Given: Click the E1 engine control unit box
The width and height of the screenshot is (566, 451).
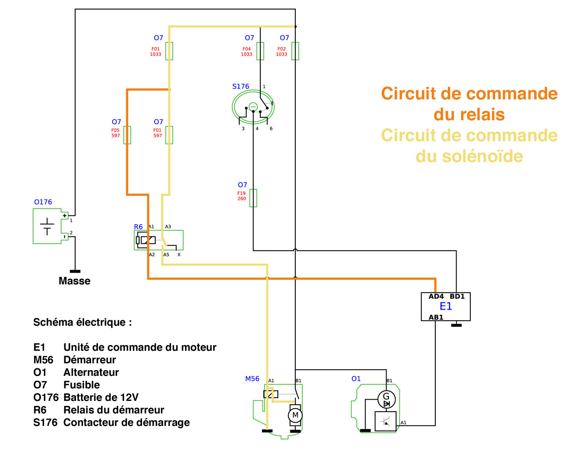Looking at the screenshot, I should pos(445,307).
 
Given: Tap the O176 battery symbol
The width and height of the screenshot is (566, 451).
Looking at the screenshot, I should pos(47,226).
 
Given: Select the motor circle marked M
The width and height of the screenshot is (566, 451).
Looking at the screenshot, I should pos(295,415).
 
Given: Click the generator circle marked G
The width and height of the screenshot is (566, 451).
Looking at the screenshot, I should pos(386,399).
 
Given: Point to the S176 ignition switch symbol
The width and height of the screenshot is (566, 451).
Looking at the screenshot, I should pos(253,107).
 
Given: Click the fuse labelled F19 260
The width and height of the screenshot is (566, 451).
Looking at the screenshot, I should pos(253,198).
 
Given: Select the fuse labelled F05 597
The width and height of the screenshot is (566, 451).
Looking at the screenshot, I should pos(127,135).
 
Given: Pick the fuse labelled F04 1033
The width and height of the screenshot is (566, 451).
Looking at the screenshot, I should pos(260,51).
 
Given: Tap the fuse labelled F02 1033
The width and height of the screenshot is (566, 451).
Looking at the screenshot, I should pos(295,51).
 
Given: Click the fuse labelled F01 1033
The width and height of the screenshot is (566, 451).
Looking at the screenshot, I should pos(169,51).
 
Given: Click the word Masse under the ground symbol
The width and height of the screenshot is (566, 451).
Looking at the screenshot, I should pos(74,281).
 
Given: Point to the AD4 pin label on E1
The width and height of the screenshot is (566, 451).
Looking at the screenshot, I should pos(436,296).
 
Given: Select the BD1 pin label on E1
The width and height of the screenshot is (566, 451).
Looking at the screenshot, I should pos(457,296).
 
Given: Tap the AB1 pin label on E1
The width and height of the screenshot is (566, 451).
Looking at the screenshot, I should pos(436,317).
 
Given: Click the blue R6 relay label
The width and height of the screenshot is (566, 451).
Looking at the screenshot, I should pos(138,227).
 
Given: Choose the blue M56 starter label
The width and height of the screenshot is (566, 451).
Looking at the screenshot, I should pos(252,379).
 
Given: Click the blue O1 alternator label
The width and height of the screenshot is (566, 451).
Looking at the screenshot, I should pos(356,379).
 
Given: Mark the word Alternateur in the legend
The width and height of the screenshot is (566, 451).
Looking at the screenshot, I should pos(91,372).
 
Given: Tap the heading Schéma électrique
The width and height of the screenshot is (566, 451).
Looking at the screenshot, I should pos(82,322).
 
